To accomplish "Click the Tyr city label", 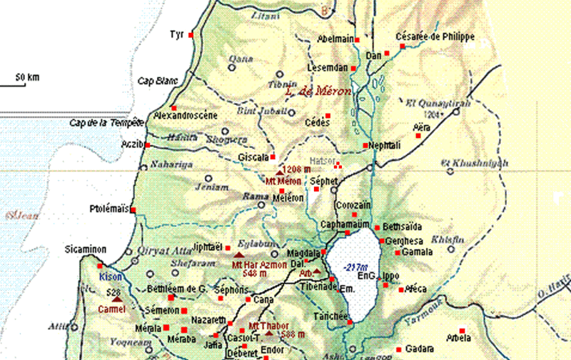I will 177,34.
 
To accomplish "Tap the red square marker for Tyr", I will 191,35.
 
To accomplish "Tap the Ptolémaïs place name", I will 108,209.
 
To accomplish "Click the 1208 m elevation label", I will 295,169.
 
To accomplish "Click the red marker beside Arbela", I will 463,330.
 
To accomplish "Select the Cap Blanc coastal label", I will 156,81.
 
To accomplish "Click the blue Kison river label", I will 111,276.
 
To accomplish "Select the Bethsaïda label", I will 404,226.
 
